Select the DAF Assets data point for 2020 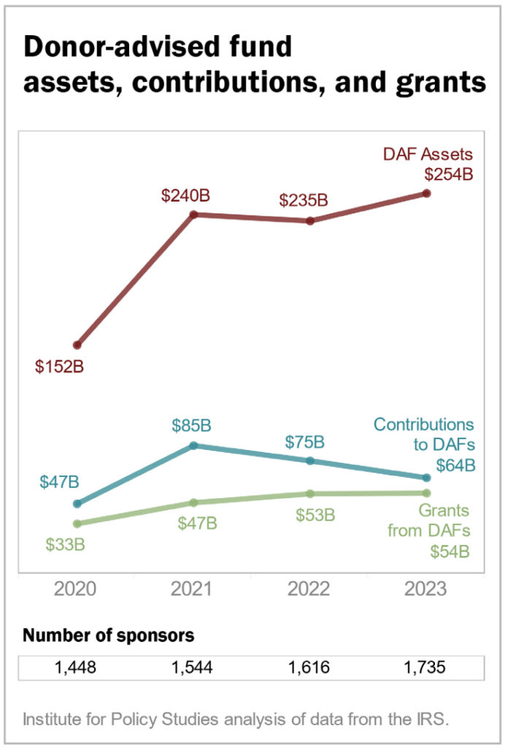point(77,345)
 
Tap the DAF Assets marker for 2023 point(427,193)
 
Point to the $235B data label point(304,200)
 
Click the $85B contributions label point(191,424)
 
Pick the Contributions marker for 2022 point(310,460)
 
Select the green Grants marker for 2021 point(193,503)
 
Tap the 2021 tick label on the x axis point(193,589)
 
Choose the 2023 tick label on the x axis point(426,589)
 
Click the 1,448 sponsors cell point(77,668)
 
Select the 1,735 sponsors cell point(426,668)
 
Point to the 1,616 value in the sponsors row point(309,668)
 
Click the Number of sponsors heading point(109,635)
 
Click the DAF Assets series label point(428,154)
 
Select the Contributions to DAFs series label point(424,434)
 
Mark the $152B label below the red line point(60,367)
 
